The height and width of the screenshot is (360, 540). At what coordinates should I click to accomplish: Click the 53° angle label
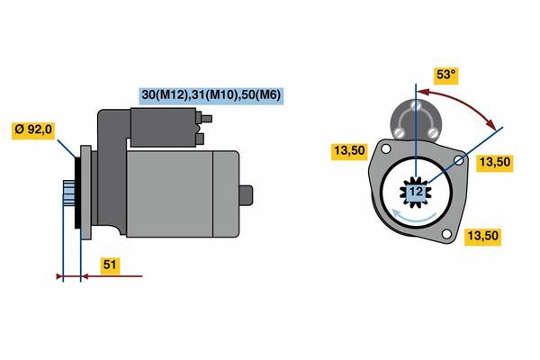point(445,75)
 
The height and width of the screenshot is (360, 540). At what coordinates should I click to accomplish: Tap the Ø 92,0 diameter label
point(33,130)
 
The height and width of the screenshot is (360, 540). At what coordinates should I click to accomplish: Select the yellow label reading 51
point(110,265)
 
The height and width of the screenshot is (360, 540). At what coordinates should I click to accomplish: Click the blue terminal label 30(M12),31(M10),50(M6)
point(211,95)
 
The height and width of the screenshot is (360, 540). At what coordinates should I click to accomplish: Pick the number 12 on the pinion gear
point(416,192)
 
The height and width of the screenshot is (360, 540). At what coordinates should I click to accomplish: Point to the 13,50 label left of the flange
point(349,151)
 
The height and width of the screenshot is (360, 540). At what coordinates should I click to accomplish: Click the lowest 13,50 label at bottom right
point(482,237)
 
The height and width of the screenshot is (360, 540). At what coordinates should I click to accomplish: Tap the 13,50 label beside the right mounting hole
point(494,162)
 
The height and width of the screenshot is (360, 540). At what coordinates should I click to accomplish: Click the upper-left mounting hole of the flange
point(386,148)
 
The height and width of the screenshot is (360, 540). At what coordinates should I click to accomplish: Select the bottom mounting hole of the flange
point(446,234)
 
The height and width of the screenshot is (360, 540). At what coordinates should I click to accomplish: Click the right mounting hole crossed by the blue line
point(459,160)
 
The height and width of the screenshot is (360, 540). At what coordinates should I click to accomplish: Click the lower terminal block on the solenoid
point(200,139)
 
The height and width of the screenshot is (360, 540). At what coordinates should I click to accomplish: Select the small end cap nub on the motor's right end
point(246,195)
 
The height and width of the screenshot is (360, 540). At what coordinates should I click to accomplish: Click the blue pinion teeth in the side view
point(69,193)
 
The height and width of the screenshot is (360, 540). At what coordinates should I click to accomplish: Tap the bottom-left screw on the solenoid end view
point(399,132)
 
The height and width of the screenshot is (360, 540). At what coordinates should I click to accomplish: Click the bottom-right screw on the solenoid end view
point(431,132)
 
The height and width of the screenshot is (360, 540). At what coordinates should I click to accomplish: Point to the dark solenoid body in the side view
point(164,127)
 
